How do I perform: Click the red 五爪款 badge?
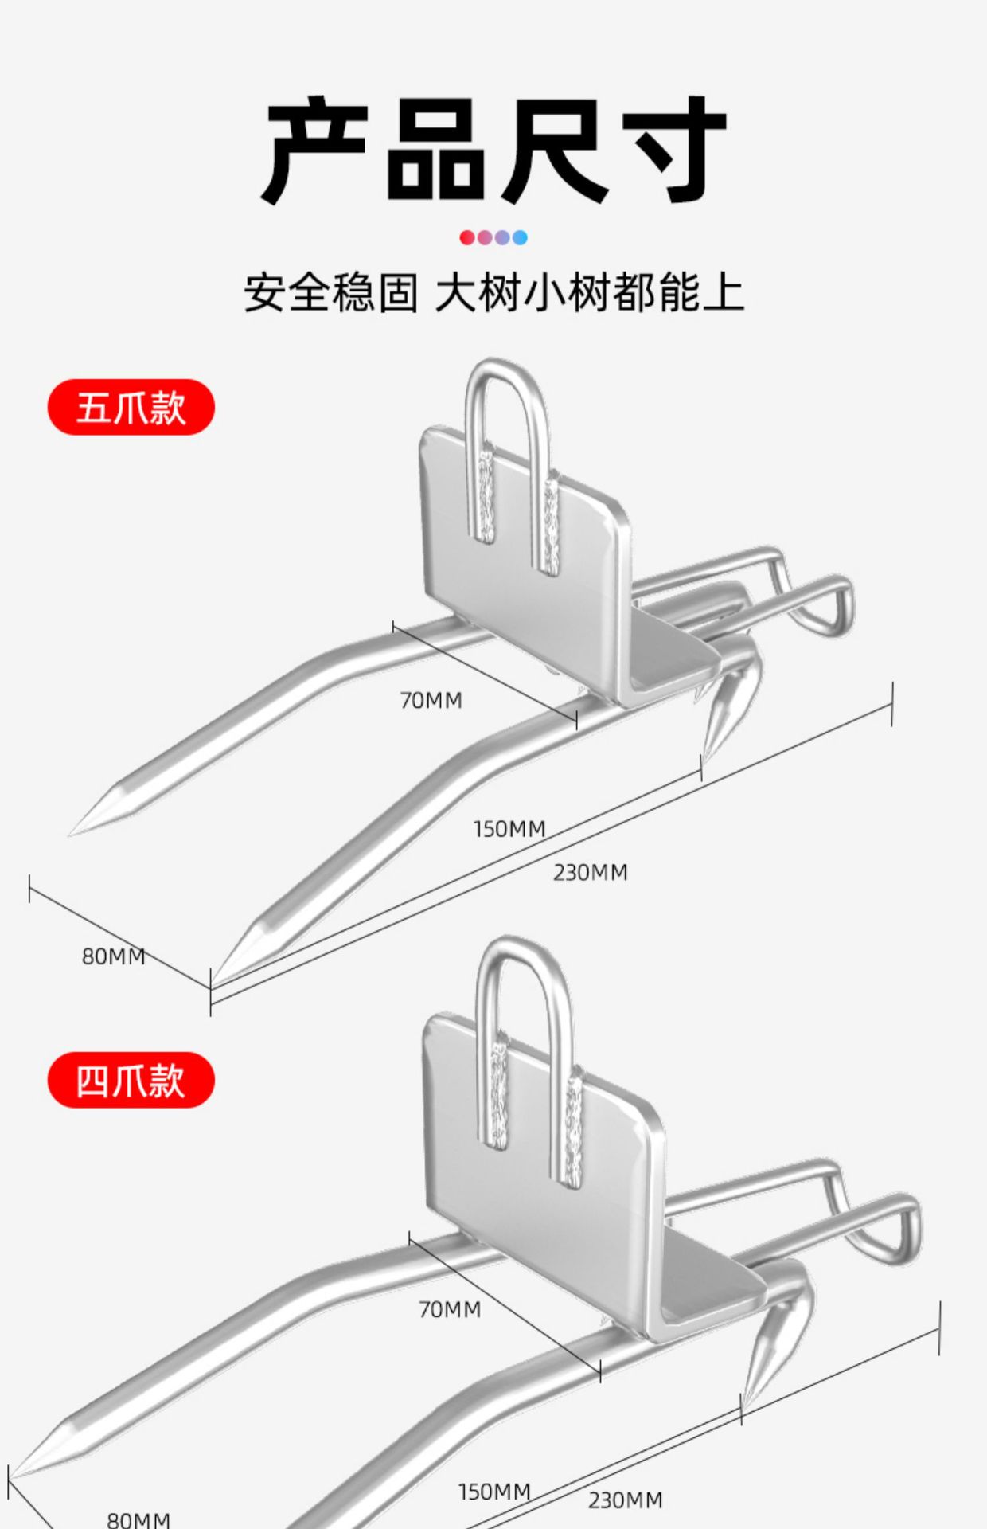(x=131, y=407)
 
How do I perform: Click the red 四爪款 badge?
(x=131, y=1080)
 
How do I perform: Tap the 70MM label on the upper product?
(x=431, y=701)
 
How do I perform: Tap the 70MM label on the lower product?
(x=450, y=1309)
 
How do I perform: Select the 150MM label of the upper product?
(x=509, y=829)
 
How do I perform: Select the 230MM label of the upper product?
(x=591, y=873)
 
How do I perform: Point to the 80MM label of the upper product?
(x=114, y=956)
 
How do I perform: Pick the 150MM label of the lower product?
(x=494, y=1492)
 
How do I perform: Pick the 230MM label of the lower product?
(x=626, y=1501)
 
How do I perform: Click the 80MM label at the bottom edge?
(x=138, y=1519)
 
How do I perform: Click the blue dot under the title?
(x=520, y=237)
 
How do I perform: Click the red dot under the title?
(x=467, y=237)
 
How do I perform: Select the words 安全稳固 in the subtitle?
(x=330, y=292)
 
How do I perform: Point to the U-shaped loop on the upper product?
(x=510, y=378)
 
